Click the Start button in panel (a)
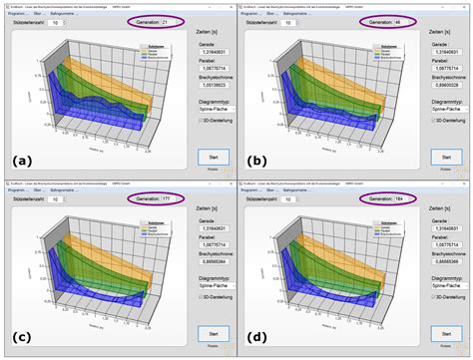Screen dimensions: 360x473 [214, 157]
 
